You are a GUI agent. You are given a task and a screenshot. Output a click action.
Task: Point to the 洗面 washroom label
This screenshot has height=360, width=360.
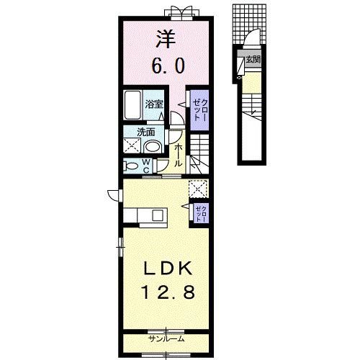pyautogui.click(x=149, y=132)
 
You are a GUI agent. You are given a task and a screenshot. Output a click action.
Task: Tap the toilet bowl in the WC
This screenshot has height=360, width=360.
pyautogui.click(x=131, y=165)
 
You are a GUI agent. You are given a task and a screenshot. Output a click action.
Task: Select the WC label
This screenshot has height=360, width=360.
pyautogui.click(x=145, y=165)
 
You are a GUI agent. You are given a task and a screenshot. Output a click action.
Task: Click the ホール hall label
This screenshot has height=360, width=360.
pyautogui.click(x=179, y=153)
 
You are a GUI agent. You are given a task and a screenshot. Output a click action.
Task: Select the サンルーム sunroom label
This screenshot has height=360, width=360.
pyautogui.click(x=166, y=338)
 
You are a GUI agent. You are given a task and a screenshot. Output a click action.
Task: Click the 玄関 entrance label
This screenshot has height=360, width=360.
pyautogui.click(x=252, y=60)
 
